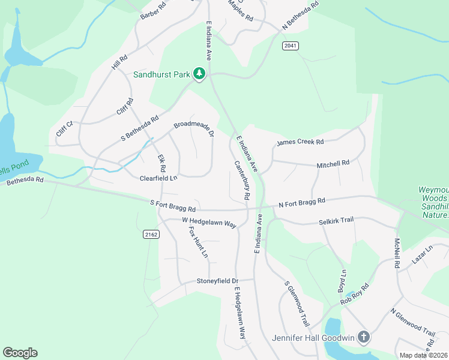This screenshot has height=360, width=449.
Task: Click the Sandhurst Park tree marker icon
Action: click(199, 74)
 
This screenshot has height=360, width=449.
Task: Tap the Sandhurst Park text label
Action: click(161, 75)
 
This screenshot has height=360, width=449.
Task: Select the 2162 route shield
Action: click(151, 235)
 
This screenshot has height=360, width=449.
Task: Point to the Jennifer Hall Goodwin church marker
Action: click(363, 337)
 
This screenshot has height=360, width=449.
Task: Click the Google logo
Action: click(20, 353)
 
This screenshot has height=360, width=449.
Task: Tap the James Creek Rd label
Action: click(300, 142)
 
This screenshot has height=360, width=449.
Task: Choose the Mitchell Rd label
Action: click(333, 163)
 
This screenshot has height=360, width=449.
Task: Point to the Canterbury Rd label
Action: click(242, 180)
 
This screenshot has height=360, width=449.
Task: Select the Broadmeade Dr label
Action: click(194, 128)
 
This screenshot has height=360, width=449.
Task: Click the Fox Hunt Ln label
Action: click(198, 242)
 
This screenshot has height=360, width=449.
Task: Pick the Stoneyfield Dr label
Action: click(217, 281)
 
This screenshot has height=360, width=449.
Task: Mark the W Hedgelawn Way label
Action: click(209, 222)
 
